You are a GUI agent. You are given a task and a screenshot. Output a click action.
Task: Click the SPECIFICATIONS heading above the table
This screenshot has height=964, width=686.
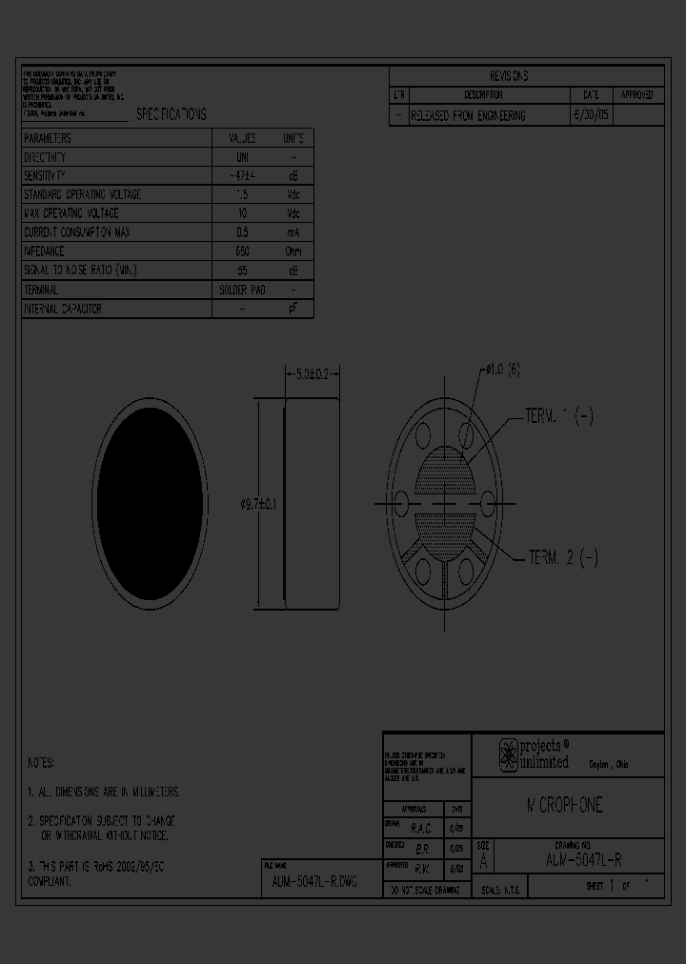[171, 114]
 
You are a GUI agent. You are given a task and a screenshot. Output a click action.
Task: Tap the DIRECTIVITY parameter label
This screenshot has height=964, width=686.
[45, 157]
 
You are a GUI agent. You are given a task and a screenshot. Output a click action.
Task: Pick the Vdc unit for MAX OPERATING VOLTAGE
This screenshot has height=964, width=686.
[293, 213]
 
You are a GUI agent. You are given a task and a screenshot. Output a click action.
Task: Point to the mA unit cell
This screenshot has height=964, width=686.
[293, 232]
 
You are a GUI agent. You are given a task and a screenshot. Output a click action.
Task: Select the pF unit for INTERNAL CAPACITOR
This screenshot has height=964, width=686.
[293, 309]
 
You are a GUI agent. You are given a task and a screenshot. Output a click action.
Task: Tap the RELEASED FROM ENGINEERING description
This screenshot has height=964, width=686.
[468, 115]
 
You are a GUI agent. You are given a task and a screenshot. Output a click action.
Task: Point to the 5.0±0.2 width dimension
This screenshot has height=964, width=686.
[312, 375]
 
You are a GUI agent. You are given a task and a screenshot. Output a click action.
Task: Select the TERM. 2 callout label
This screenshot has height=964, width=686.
[562, 558]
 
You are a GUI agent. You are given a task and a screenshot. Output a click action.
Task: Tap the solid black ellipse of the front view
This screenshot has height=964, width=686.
[150, 500]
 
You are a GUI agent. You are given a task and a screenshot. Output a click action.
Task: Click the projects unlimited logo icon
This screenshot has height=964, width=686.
[509, 754]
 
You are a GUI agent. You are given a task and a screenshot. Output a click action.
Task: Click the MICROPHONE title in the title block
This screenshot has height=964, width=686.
[565, 806]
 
